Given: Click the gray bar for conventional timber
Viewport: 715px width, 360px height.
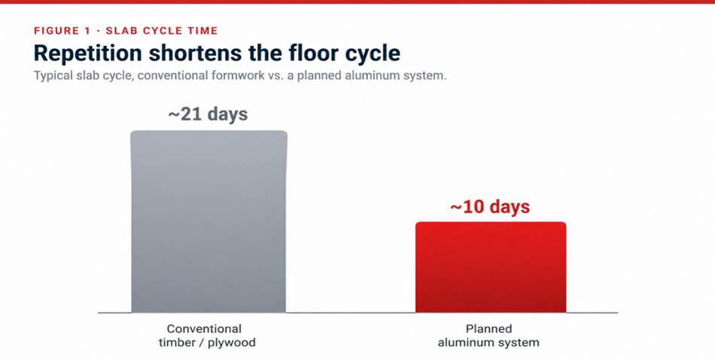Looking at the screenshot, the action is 208,221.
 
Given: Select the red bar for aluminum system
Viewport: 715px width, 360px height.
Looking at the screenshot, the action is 491,267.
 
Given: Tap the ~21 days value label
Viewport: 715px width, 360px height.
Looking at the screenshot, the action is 208,114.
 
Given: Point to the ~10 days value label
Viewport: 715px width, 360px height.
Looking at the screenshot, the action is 490,207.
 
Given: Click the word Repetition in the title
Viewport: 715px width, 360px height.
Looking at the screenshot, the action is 88,53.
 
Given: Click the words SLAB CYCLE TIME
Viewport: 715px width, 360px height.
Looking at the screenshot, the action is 162,31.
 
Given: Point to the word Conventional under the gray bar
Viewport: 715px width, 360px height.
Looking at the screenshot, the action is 204,328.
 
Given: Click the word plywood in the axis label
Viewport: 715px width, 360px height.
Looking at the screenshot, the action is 232,343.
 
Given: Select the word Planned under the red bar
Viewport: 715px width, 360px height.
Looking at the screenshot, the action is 488,329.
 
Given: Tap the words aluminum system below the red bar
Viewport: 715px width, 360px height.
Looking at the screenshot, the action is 488,342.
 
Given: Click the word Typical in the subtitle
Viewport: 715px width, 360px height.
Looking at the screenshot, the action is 52,76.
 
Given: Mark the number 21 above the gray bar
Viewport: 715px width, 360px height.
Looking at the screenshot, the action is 192,114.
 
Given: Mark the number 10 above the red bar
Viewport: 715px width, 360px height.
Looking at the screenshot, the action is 474,207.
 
